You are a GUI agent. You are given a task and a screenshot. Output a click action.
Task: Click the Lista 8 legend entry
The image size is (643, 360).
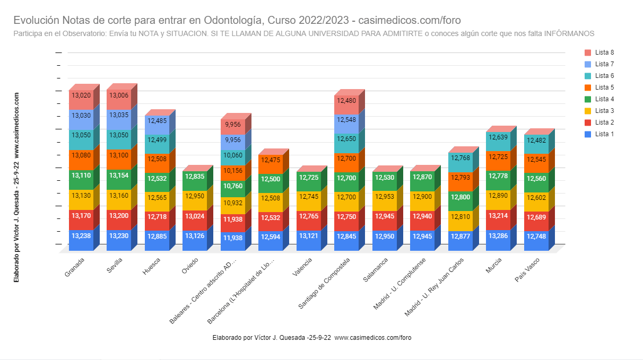[600, 52]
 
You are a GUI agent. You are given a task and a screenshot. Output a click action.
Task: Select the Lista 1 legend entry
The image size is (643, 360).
[600, 134]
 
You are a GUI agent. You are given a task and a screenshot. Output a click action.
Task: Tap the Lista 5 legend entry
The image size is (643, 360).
[600, 87]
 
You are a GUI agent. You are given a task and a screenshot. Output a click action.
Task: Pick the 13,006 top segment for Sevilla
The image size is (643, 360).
[119, 96]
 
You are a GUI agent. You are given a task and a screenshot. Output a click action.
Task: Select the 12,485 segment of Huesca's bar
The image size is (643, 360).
[157, 121]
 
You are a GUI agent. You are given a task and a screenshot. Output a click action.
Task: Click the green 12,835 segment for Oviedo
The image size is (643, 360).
[195, 177]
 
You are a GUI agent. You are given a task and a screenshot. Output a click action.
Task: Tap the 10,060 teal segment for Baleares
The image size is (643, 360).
[232, 155]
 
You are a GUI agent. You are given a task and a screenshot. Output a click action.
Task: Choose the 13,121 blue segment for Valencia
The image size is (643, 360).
[308, 236]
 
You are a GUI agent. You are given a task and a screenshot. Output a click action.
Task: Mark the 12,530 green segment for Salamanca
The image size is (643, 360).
[384, 178]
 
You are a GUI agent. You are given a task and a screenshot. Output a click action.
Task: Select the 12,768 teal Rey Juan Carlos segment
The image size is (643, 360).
[460, 158]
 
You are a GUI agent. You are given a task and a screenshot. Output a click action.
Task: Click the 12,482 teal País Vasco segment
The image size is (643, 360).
[536, 141]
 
